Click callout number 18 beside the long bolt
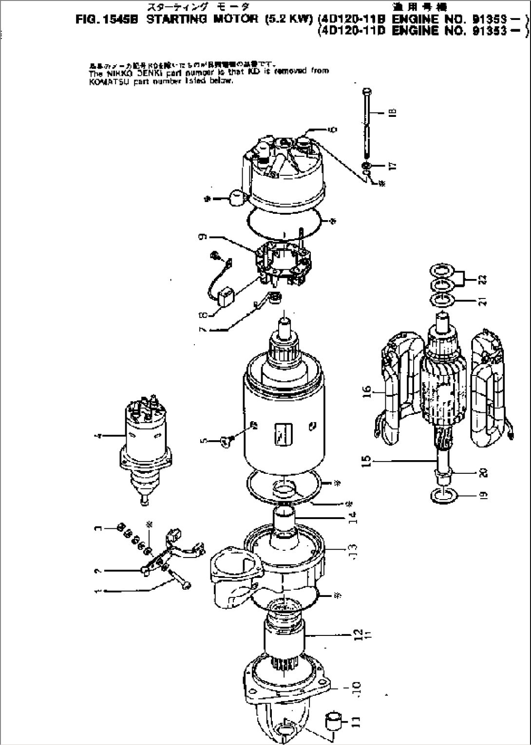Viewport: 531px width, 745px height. (x=393, y=112)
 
